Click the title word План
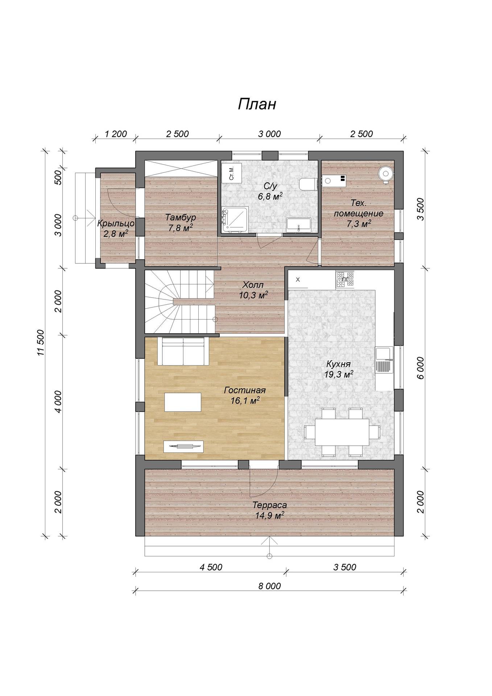257,104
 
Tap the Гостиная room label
245,390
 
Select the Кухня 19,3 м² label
338,369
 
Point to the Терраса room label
269,505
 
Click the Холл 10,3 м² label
253,290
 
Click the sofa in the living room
183,351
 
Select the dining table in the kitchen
342,432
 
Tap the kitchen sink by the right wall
384,360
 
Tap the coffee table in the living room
183,402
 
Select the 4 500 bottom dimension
211,567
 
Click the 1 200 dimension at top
116,134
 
